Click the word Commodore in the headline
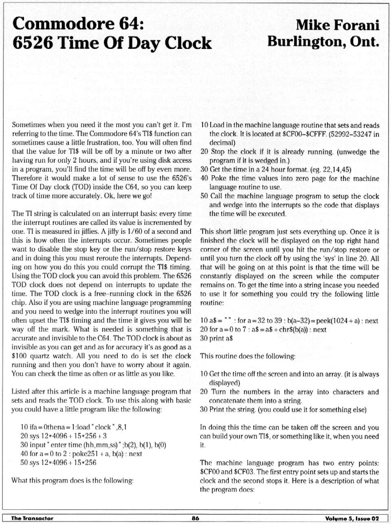61,24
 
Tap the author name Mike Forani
338,25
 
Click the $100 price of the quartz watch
19,356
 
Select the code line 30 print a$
217,338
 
